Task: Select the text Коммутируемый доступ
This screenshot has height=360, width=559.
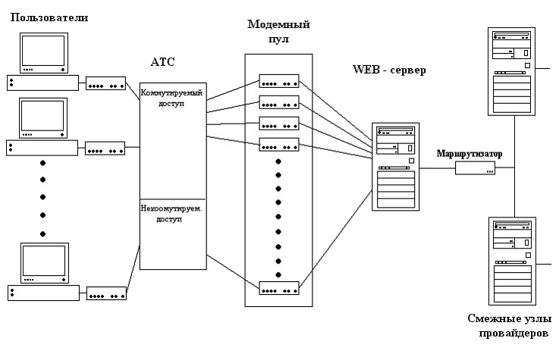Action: (172, 99)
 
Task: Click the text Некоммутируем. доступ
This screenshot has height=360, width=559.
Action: (172, 214)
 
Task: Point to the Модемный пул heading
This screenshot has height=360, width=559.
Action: (279, 31)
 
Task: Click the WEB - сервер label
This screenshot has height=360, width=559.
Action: (389, 70)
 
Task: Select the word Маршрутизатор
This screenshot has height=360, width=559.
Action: (469, 154)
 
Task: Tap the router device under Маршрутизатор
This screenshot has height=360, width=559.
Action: (476, 168)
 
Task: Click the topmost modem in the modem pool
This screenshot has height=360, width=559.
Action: (279, 81)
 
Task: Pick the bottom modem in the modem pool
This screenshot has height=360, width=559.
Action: (279, 289)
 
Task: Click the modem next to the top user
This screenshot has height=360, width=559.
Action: (105, 84)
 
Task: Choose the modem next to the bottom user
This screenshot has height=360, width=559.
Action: (105, 293)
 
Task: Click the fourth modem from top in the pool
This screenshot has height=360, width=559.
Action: (279, 144)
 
